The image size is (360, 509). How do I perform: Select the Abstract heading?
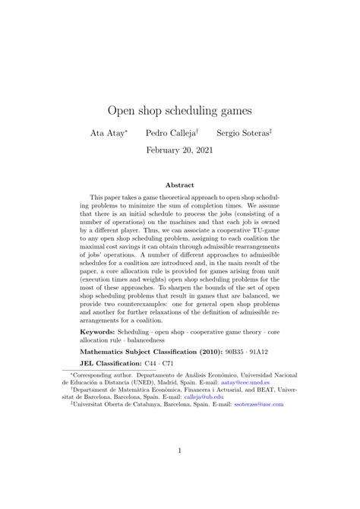point(180,185)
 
